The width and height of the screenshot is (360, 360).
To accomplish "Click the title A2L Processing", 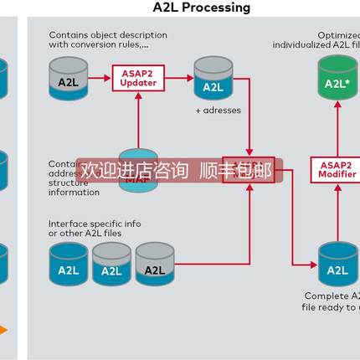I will tap(202, 8).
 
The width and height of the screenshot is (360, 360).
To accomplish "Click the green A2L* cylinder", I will tap(337, 81).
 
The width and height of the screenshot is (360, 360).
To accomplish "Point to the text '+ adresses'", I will tap(218, 110).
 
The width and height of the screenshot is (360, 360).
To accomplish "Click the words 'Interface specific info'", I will tap(94, 224).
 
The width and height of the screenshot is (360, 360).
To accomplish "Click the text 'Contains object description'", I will tap(107, 35).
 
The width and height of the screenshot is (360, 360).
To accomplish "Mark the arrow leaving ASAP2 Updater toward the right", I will tap(177, 80).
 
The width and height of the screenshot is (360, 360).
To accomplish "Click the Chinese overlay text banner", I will tap(176, 171).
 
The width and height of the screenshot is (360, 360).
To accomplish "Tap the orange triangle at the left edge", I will tap(3, 330).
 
